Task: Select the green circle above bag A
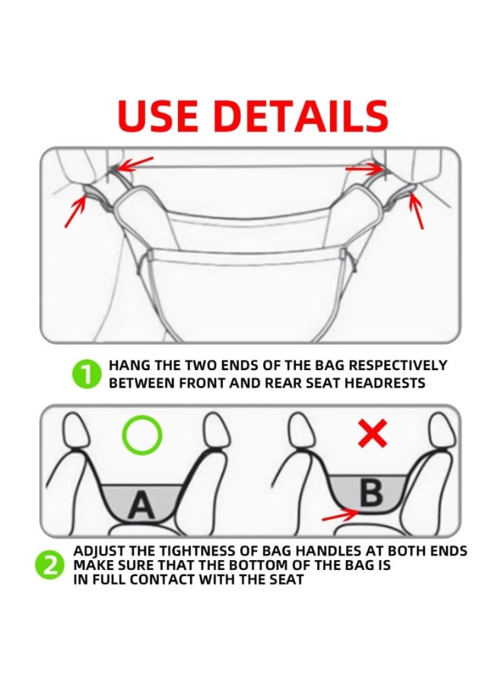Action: click(x=142, y=435)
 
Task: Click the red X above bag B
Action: click(x=372, y=434)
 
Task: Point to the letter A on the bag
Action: click(x=142, y=504)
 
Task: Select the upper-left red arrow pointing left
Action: click(x=138, y=163)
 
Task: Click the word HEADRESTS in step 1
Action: click(x=386, y=383)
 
